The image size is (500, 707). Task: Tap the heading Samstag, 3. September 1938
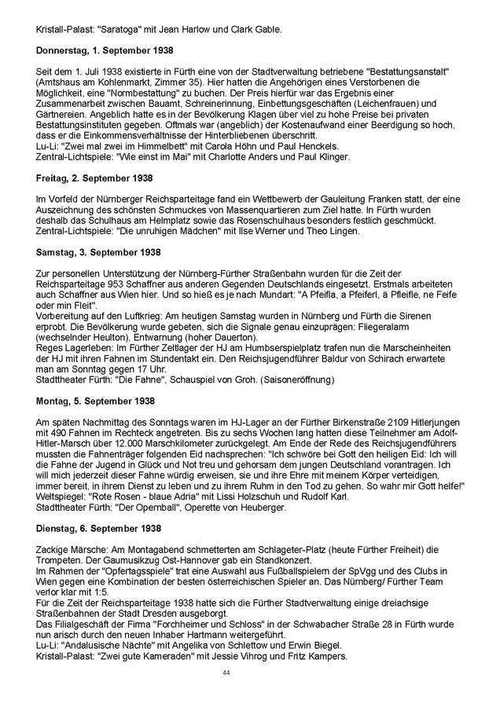[99, 252]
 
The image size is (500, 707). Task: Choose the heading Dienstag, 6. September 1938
[98, 528]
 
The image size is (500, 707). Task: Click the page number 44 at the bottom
[226, 673]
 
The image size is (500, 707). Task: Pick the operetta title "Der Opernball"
[139, 507]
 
